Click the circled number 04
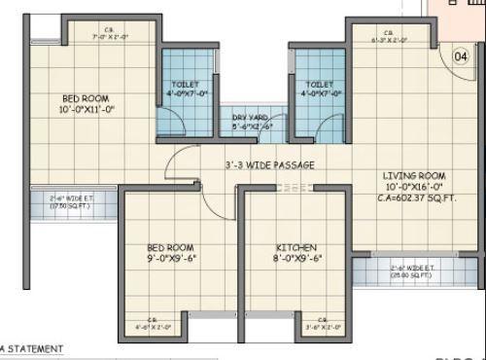click(x=460, y=55)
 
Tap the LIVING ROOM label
click(x=413, y=176)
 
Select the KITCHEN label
click(x=296, y=248)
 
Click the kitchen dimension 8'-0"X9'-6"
click(x=296, y=260)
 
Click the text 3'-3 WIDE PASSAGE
click(x=268, y=165)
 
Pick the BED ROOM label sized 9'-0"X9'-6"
click(x=171, y=248)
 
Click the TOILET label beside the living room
click(x=320, y=85)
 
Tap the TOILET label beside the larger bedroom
click(x=186, y=85)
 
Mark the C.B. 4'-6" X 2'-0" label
click(x=153, y=324)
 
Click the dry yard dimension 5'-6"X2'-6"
click(x=251, y=126)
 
